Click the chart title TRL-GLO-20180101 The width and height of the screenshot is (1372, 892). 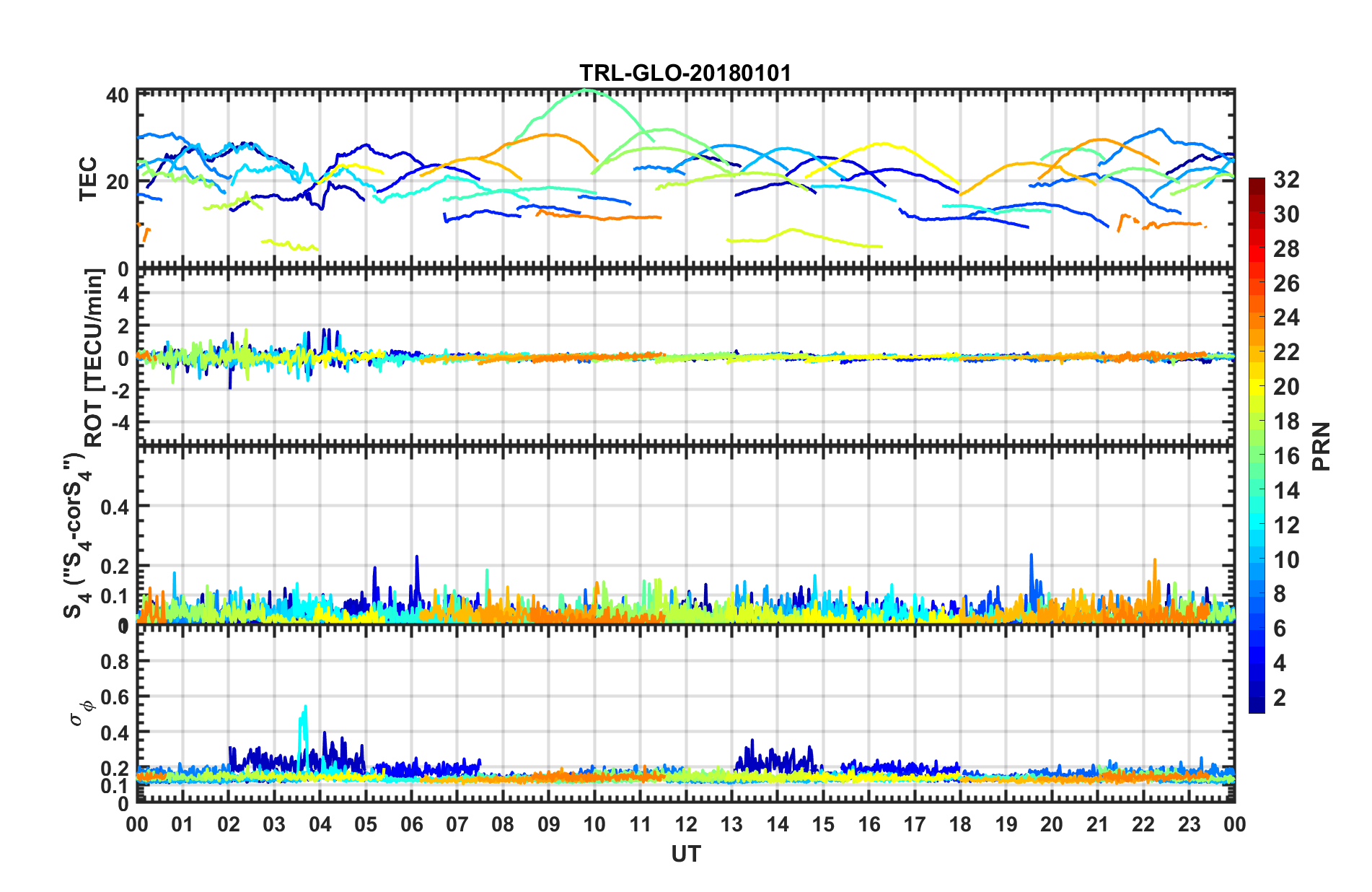[685, 73]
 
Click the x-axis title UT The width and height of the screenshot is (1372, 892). [685, 854]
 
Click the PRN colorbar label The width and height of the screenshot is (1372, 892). [1322, 446]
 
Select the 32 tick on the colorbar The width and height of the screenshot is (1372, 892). [1286, 180]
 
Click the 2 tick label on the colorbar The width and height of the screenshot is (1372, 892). [1280, 698]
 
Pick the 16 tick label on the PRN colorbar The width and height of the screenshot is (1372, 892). [1286, 456]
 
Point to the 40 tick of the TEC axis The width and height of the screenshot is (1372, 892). [118, 96]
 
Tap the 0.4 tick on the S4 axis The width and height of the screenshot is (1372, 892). [115, 507]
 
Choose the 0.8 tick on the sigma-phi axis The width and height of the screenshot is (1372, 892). [115, 662]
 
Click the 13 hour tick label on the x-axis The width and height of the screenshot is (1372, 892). [731, 825]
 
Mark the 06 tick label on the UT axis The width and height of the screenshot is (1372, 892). [411, 825]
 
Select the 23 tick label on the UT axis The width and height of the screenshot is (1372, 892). [1189, 825]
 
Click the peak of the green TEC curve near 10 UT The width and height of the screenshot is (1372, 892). [586, 90]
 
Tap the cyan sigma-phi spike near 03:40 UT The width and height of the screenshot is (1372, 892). [305, 707]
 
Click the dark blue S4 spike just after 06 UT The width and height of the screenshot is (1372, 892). [416, 556]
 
